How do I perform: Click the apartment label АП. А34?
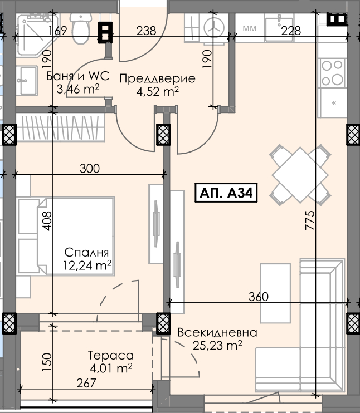(226, 193)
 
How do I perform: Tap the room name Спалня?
(86, 252)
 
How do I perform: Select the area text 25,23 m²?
(217, 345)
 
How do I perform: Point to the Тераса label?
(111, 355)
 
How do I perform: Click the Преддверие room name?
(158, 78)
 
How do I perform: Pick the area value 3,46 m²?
(78, 88)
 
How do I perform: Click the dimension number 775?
(310, 220)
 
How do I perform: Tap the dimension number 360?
(259, 297)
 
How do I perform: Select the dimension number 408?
(47, 221)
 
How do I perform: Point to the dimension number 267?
(86, 383)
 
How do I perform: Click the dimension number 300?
(90, 169)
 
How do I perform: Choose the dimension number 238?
(147, 31)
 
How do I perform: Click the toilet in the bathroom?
(81, 28)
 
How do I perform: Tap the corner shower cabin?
(37, 35)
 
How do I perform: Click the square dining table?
(300, 175)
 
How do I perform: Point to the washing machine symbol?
(214, 27)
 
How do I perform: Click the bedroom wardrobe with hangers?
(61, 127)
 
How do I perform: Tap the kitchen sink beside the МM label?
(279, 28)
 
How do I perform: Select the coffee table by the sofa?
(275, 293)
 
